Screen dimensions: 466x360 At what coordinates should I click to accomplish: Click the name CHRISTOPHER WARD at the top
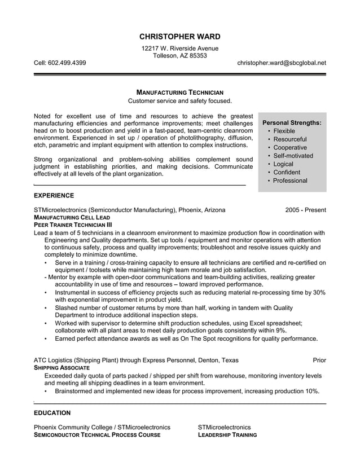(x=180, y=37)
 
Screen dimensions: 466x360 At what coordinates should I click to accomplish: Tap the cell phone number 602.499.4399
(x=67, y=63)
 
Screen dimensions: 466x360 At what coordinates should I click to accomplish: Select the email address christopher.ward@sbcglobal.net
(x=282, y=63)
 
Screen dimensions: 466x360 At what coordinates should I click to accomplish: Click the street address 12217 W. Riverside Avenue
(x=180, y=49)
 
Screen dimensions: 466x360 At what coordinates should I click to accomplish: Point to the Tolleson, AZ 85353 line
(x=180, y=56)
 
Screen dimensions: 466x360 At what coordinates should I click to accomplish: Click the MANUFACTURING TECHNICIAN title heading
(x=180, y=92)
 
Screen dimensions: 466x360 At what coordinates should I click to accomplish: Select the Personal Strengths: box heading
(x=292, y=122)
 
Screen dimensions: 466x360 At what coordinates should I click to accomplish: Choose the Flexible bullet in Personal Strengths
(x=284, y=131)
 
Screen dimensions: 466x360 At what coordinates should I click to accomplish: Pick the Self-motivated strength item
(x=293, y=156)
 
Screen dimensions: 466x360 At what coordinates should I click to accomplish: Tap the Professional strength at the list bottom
(x=290, y=181)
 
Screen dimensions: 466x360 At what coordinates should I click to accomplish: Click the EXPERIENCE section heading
(x=54, y=196)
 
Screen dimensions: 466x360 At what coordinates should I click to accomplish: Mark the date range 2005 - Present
(x=305, y=210)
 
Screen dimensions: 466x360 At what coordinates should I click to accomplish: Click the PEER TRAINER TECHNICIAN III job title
(x=73, y=225)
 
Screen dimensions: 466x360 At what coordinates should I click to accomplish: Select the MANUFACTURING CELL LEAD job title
(x=72, y=217)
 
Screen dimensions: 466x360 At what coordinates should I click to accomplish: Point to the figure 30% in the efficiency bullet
(x=319, y=293)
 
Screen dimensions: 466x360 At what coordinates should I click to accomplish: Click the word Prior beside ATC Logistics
(x=319, y=360)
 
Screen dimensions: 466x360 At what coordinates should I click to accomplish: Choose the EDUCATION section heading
(x=52, y=413)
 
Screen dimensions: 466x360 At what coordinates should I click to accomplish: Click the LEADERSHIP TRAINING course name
(x=227, y=435)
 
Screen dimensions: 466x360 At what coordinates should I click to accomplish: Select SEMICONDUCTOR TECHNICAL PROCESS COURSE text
(x=97, y=435)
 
